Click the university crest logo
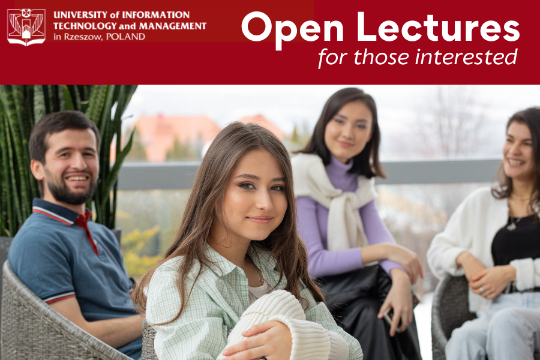click(x=26, y=27)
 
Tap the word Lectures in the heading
click(x=438, y=27)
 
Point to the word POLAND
click(x=125, y=37)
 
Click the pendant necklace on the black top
click(x=512, y=226)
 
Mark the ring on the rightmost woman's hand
click(x=481, y=290)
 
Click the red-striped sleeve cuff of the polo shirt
click(x=59, y=298)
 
